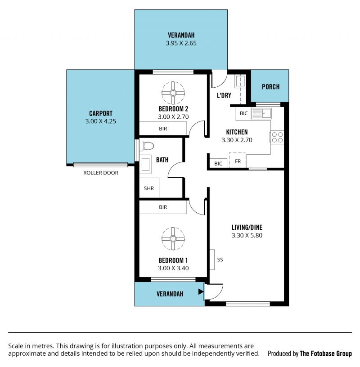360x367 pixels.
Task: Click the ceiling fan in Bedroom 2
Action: pyautogui.click(x=173, y=93)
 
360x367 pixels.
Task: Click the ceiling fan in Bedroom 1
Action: pyautogui.click(x=173, y=239)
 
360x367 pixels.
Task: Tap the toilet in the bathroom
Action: pyautogui.click(x=147, y=146)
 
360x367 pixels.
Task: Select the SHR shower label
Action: pyautogui.click(x=149, y=188)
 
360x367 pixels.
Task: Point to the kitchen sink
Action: pyautogui.click(x=261, y=114)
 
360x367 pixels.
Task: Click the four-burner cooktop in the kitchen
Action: pyautogui.click(x=277, y=137)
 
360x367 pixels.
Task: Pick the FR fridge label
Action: pyautogui.click(x=238, y=161)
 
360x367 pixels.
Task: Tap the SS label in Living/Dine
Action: pyautogui.click(x=220, y=260)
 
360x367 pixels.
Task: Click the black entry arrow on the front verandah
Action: pyautogui.click(x=201, y=291)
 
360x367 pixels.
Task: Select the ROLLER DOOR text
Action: pyautogui.click(x=101, y=173)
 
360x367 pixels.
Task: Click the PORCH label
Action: pyautogui.click(x=270, y=87)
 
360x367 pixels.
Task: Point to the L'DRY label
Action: pyautogui.click(x=224, y=95)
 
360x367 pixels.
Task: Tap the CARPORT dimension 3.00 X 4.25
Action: pyautogui.click(x=101, y=121)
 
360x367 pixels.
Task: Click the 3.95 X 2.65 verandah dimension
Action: pyautogui.click(x=181, y=43)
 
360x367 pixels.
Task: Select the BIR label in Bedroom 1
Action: pyautogui.click(x=163, y=207)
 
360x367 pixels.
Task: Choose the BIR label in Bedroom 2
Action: pyautogui.click(x=163, y=129)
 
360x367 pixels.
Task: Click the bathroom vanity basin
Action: pyautogui.click(x=145, y=166)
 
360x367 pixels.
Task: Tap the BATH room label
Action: pyautogui.click(x=162, y=160)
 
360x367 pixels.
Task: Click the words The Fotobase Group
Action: pyautogui.click(x=326, y=354)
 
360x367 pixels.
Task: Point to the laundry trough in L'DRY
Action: pyautogui.click(x=240, y=81)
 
